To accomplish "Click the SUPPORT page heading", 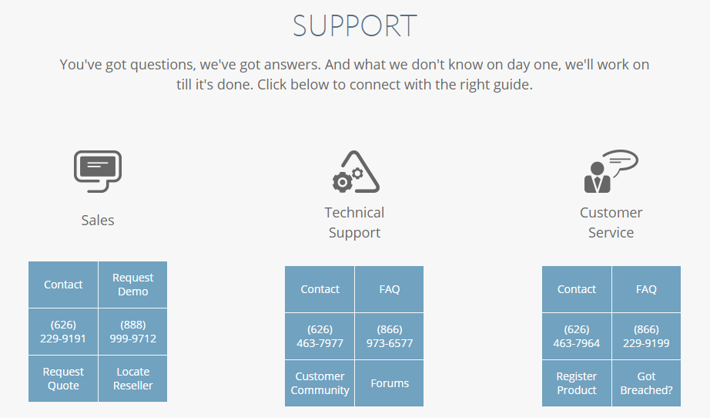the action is pos(354,25).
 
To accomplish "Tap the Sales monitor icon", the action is pos(98,171).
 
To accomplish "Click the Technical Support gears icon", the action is pos(356,171).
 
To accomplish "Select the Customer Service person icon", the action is pos(611,171).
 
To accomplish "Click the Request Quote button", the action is pos(63,379).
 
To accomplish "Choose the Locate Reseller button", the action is pos(132,379).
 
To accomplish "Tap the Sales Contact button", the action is pos(63,285).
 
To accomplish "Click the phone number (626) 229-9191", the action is pos(63,332).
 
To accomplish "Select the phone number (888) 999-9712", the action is pos(132,332).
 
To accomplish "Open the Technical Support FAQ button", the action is pos(390,289).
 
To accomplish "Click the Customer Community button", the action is pos(320,383).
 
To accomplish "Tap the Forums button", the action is pos(390,383).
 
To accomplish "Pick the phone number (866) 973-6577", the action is pos(390,336).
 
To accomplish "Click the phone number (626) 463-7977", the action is pos(320,336).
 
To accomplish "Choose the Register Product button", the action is pos(577,383).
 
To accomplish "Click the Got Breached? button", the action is pos(646,383).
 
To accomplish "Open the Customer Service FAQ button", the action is pos(646,289).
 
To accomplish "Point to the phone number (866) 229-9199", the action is pos(646,336).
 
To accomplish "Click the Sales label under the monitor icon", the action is pos(98,221).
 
